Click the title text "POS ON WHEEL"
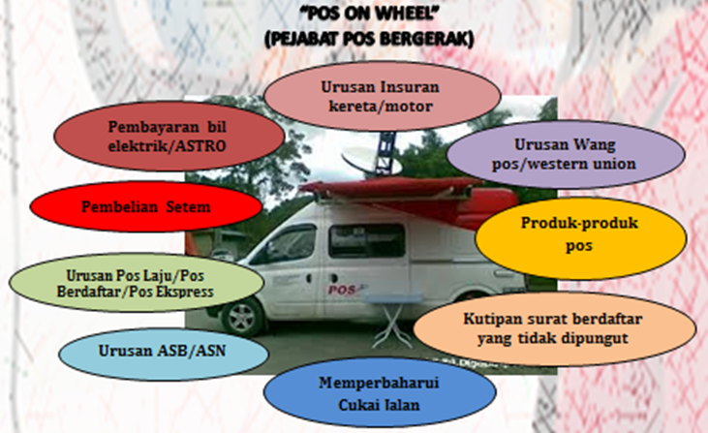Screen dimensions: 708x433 tap(370, 14)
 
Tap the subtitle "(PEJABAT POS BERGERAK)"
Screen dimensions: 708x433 tap(369, 40)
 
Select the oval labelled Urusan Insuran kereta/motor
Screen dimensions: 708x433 tap(383, 96)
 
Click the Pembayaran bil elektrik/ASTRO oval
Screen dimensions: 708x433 tap(169, 136)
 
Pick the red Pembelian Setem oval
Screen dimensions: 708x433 tap(146, 206)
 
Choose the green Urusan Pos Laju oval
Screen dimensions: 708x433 tap(137, 283)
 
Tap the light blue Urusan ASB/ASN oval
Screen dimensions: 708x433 tap(164, 352)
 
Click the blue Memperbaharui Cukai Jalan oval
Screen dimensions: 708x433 tap(380, 393)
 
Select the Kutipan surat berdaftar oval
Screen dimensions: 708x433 tap(554, 328)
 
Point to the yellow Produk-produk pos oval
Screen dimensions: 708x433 tap(581, 237)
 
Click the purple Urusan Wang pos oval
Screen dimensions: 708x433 tap(566, 154)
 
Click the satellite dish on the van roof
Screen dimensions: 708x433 tap(370, 162)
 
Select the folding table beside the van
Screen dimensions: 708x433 tap(391, 320)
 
